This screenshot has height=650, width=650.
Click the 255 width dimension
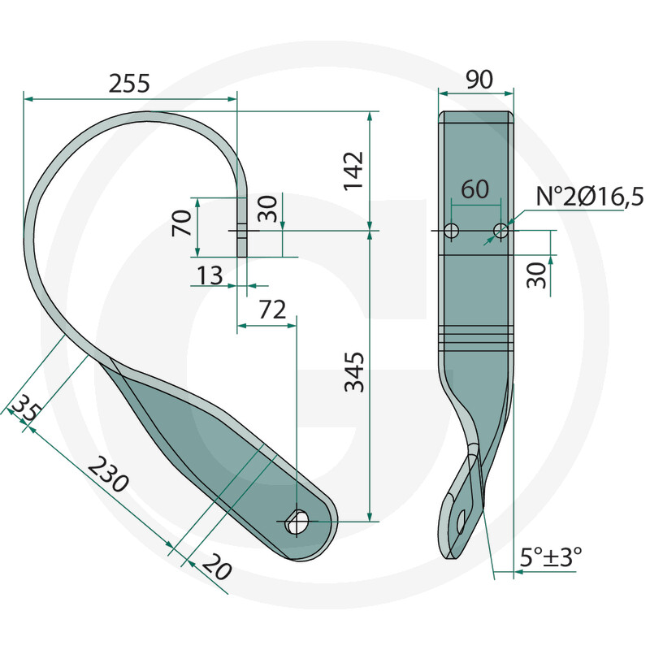pos(130,83)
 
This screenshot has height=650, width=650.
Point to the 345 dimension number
pos(354,373)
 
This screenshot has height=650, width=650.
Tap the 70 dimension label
pos(182,223)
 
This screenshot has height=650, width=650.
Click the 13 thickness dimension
pos(209,276)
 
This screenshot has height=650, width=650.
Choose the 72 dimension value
pos(273,310)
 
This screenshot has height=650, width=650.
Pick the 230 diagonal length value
pos(107,475)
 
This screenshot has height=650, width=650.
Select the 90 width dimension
pos(479,80)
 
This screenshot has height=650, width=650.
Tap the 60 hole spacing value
pos(474,189)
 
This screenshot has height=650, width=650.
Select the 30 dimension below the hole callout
pos(535,273)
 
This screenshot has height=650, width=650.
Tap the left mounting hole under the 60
pos(452,231)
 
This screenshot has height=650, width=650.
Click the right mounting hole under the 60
pos(500,231)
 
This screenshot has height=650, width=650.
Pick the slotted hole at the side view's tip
pos(461,521)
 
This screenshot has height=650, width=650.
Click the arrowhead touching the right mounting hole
pos(492,239)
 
